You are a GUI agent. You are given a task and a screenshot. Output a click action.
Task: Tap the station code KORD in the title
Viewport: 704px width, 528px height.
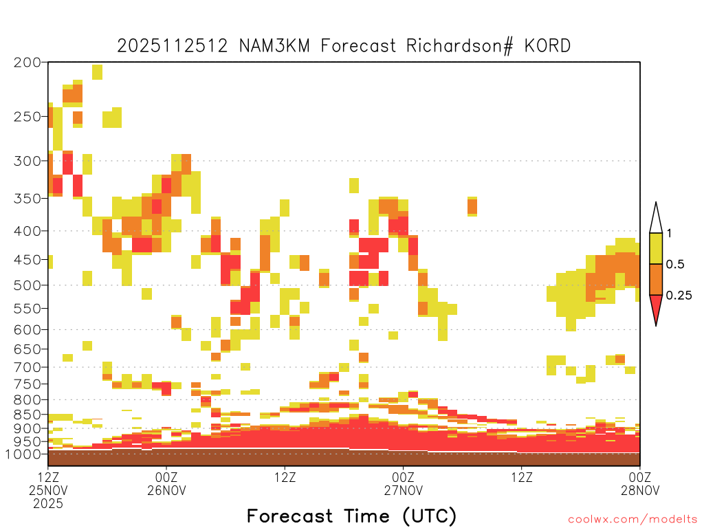coord(547,46)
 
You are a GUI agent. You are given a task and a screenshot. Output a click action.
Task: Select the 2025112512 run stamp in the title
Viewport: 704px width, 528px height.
coord(173,46)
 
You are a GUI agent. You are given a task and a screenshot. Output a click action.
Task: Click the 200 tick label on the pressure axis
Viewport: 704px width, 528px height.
coord(27,63)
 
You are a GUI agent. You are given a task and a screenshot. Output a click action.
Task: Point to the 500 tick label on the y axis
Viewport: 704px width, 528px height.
coord(27,285)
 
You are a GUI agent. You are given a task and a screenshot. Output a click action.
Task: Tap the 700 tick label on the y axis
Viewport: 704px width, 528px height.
coord(27,367)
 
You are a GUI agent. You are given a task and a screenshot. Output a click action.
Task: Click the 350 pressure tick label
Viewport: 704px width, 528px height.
coord(27,199)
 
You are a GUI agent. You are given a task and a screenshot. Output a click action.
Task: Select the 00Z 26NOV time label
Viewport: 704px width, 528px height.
coord(166,483)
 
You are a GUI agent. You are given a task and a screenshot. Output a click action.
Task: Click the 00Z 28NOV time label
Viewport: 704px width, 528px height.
coord(640,483)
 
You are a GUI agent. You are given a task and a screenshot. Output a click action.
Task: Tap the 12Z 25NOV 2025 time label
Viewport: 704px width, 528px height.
coord(48,490)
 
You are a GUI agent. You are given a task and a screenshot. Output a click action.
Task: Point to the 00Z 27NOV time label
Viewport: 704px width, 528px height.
coord(403,483)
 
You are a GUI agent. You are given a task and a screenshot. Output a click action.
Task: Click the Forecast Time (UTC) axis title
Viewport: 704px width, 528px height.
coord(351,516)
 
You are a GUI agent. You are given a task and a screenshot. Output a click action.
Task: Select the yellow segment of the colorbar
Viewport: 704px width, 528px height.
coord(656,248)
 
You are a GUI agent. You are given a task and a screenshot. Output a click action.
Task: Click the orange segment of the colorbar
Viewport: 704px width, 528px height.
coord(656,279)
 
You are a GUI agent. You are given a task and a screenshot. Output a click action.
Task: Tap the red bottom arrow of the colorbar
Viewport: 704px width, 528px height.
coord(656,307)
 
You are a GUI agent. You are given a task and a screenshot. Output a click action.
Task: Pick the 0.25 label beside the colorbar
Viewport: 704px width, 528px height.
coord(679,295)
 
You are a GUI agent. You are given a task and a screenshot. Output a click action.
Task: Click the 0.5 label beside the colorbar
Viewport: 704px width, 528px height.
coord(675,264)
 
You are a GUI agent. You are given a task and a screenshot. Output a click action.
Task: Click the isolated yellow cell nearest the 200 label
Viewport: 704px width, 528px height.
coord(97,71)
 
